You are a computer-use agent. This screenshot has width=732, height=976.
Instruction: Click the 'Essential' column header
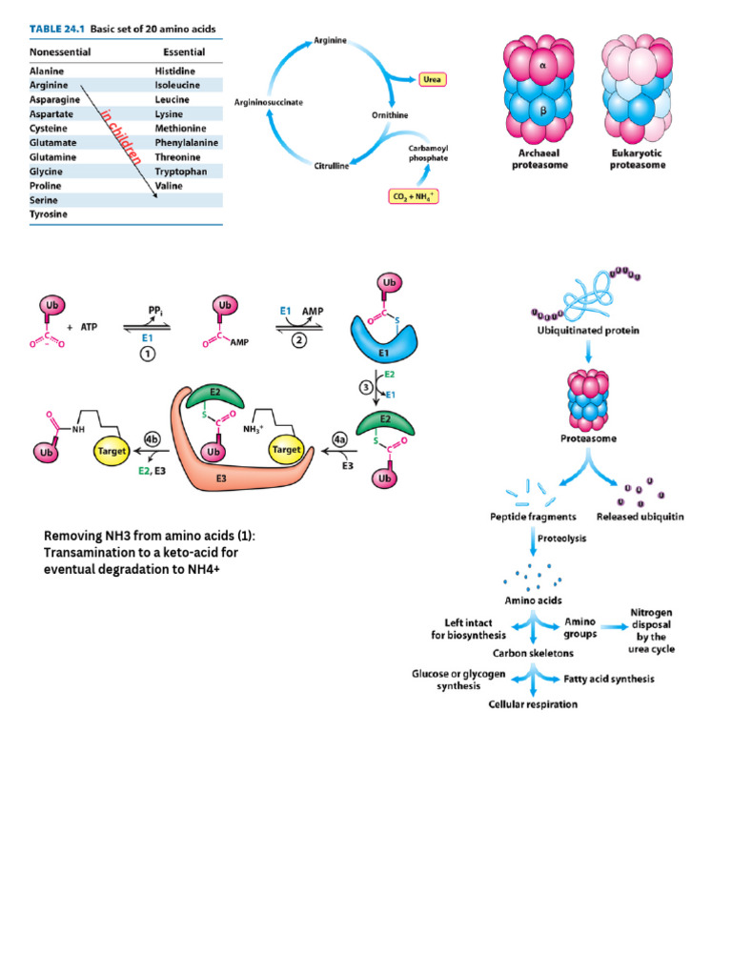(x=184, y=52)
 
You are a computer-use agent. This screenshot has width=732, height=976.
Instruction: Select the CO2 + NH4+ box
(x=412, y=195)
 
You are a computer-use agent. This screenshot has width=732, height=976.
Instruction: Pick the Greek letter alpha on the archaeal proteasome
(x=542, y=67)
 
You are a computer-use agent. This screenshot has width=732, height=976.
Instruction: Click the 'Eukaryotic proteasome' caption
(x=637, y=159)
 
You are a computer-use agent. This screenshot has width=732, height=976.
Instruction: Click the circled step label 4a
(x=340, y=439)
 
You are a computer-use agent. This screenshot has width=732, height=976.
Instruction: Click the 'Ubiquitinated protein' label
(x=588, y=331)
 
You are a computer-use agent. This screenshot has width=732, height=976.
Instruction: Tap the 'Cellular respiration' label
(x=533, y=704)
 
